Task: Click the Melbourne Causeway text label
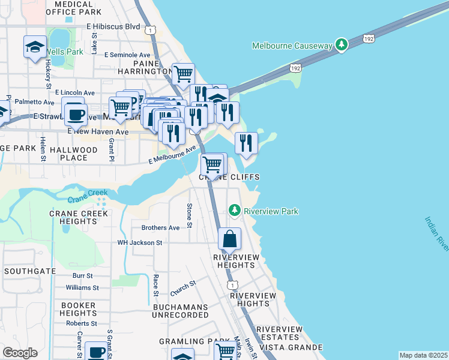292,46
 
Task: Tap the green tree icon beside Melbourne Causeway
342,45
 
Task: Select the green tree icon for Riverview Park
234,211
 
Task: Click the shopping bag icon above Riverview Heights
230,239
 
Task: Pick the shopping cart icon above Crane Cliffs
212,164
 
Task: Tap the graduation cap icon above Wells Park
35,46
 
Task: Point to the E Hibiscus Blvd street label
113,27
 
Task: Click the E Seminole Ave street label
127,55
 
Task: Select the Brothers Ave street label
160,228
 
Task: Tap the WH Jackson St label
140,243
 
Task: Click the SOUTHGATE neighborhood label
29,271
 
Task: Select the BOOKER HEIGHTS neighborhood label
79,309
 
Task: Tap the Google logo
20,353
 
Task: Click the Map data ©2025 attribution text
424,355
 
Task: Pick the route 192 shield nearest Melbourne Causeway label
370,39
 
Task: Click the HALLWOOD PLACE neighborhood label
78,153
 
